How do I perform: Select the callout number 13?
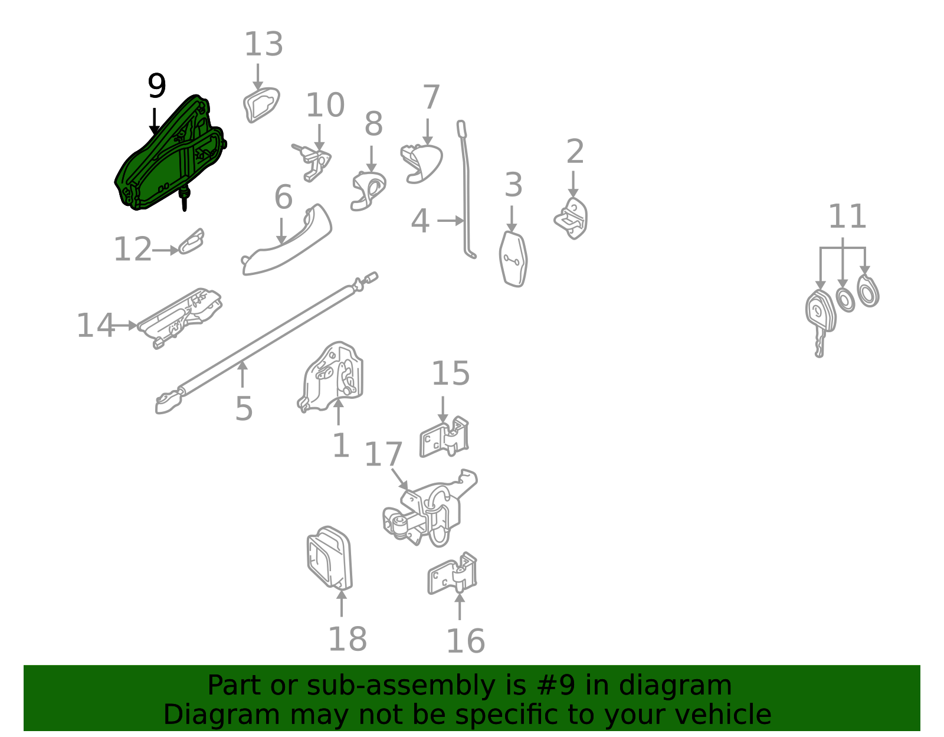click(x=264, y=44)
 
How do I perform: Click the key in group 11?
click(x=820, y=322)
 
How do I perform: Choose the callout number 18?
click(x=348, y=639)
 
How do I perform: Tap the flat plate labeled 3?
click(x=513, y=259)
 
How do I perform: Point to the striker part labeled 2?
click(x=572, y=218)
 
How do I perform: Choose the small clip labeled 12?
click(x=191, y=242)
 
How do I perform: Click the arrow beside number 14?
click(x=123, y=325)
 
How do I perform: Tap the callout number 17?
click(x=383, y=454)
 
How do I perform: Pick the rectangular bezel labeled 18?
click(x=329, y=559)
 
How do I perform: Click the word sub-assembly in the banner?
click(x=401, y=685)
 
